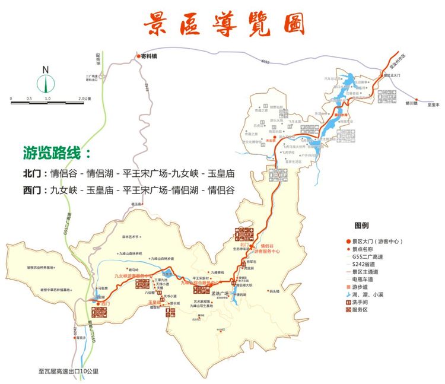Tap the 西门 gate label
(x=106, y=303)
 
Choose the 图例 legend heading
(x=361, y=226)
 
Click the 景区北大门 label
(x=392, y=75)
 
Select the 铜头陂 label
(x=274, y=291)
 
